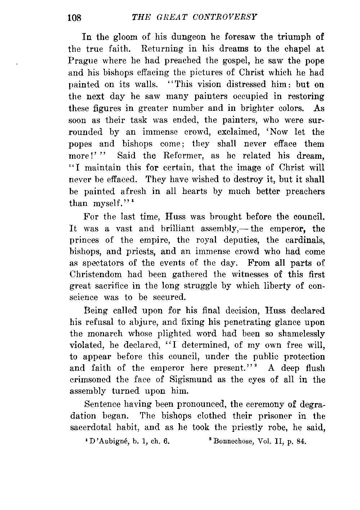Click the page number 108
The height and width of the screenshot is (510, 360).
pyautogui.click(x=76, y=17)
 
